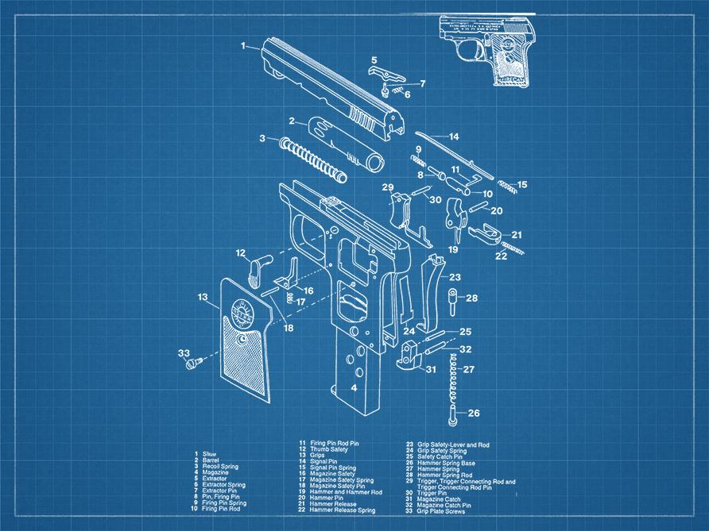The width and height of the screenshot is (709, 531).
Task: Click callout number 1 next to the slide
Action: [244, 46]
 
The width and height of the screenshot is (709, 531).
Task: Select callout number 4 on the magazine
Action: [353, 388]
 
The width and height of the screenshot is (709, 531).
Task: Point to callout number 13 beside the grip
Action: [203, 298]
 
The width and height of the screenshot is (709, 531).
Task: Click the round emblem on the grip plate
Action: [242, 311]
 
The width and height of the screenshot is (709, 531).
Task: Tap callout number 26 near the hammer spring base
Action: [474, 414]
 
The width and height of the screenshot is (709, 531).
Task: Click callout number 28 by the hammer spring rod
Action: [472, 298]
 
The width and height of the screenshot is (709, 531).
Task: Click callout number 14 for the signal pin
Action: [454, 137]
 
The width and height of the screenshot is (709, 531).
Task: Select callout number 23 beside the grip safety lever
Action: [454, 278]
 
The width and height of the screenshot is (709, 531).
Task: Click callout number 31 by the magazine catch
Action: [430, 370]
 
